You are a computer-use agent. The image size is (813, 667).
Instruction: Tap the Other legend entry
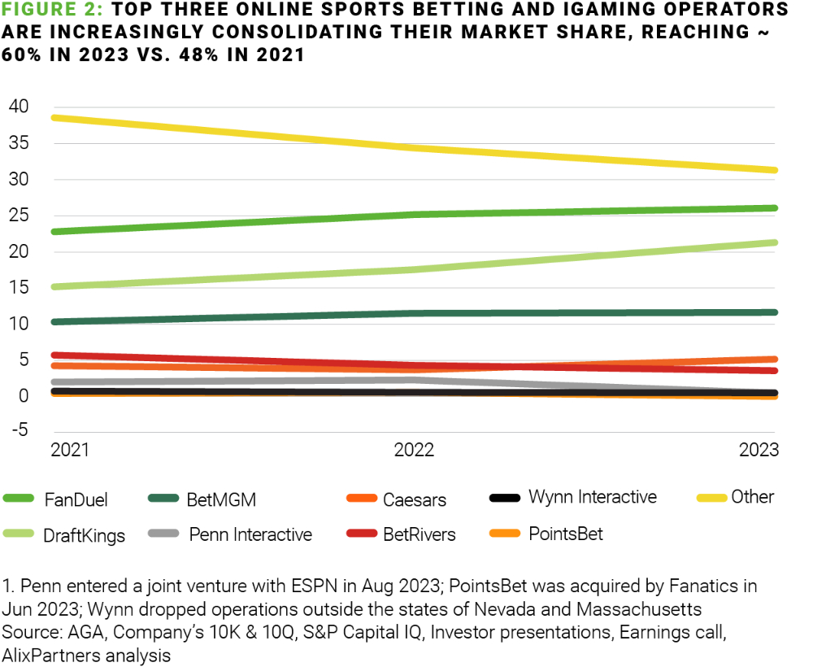click(x=752, y=496)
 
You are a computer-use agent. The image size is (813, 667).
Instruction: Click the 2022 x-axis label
click(x=414, y=450)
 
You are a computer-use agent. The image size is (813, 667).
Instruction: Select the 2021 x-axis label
click(x=69, y=450)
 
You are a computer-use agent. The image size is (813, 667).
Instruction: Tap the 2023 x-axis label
click(x=759, y=450)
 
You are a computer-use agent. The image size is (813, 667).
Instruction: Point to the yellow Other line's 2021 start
click(x=54, y=118)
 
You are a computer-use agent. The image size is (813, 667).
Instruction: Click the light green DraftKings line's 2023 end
click(x=774, y=242)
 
